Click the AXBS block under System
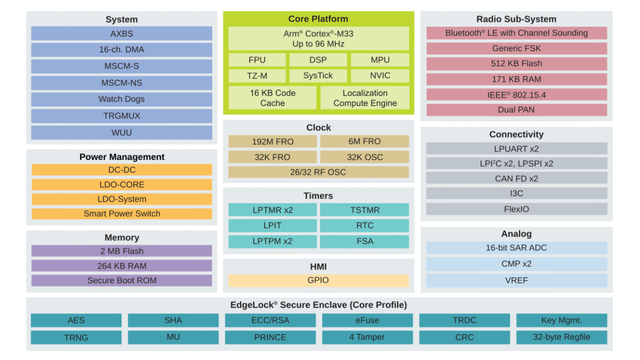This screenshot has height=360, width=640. coord(122,33)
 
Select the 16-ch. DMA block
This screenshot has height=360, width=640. coord(122,50)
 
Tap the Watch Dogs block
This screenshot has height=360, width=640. coord(122,99)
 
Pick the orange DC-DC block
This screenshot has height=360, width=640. coord(122,170)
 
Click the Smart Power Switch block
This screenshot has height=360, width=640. coord(122,213)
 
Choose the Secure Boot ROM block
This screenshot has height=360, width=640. coord(122,281)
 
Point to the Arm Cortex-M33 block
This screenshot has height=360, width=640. coord(318,39)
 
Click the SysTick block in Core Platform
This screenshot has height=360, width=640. coord(318,76)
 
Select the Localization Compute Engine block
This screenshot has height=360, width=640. coord(365,98)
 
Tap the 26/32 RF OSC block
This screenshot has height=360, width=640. coord(318,172)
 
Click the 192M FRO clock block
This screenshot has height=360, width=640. coord(273,142)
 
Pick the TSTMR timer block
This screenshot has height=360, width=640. coord(364,210)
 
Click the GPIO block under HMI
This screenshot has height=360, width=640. coord(318,281)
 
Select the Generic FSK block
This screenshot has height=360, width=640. coord(516,48)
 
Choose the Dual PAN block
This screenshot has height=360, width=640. coord(516,110)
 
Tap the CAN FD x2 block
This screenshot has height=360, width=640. coord(516,178)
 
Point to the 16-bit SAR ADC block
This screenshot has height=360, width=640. coord(516,248)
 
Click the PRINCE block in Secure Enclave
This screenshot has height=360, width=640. coord(270,337)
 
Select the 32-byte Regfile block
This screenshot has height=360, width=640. coord(562,337)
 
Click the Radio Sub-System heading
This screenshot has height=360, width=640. coord(516,19)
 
